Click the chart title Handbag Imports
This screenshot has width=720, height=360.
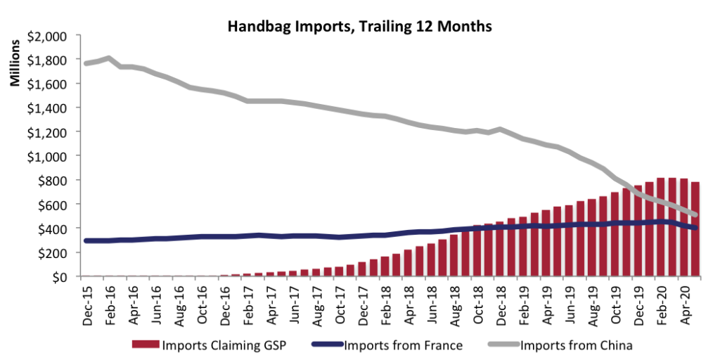[x=359, y=27]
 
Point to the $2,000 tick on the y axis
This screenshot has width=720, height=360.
[x=47, y=36]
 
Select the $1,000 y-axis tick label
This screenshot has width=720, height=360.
[x=47, y=156]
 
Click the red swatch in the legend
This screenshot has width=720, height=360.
[x=146, y=345]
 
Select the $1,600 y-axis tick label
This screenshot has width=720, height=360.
[x=47, y=84]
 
